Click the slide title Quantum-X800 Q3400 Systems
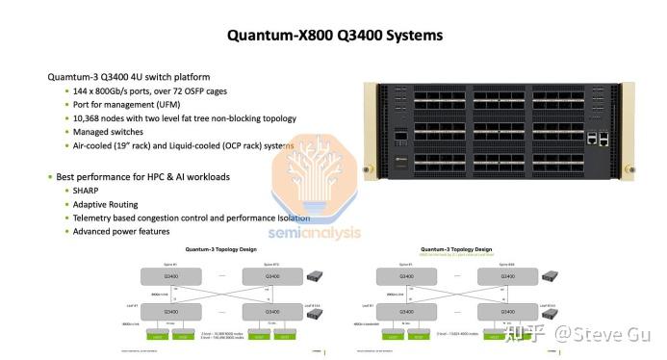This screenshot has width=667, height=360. coord(334,36)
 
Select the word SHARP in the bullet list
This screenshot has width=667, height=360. coord(87,191)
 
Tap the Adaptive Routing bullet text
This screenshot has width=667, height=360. coord(107,204)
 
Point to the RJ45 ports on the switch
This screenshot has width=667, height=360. coord(598,138)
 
